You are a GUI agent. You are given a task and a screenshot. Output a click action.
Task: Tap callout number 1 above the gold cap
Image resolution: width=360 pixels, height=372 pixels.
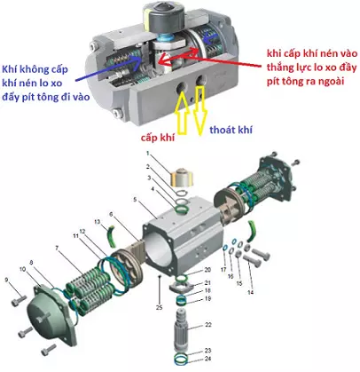[x=149, y=156]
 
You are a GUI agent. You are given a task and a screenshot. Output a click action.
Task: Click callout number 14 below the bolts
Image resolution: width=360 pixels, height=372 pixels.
[x=251, y=292]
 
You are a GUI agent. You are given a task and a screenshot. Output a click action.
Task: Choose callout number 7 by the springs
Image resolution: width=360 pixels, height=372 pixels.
[x=57, y=247]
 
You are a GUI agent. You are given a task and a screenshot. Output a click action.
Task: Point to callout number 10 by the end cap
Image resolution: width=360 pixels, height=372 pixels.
[x=22, y=268]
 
